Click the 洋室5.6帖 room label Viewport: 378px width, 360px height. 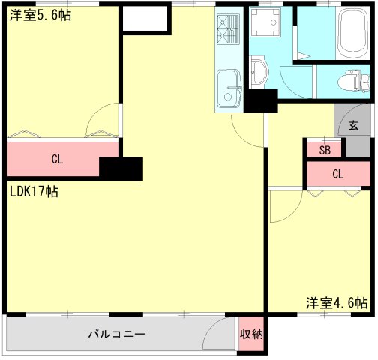point(40,15)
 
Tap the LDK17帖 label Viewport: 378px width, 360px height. point(34,191)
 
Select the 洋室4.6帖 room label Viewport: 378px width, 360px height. point(337,303)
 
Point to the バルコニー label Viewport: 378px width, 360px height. point(116,334)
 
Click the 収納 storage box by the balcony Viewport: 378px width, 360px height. point(251,334)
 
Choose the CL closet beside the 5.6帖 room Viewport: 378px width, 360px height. point(57,158)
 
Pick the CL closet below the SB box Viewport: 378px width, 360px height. point(337,174)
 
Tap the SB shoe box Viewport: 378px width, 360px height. point(324,149)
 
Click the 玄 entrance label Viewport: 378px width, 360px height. point(352,126)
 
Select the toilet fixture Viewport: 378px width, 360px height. point(350,79)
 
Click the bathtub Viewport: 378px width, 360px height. point(350,34)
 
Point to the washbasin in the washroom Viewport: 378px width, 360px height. point(259,73)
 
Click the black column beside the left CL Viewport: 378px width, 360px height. point(121,169)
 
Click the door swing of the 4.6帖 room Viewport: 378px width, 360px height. point(282,206)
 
